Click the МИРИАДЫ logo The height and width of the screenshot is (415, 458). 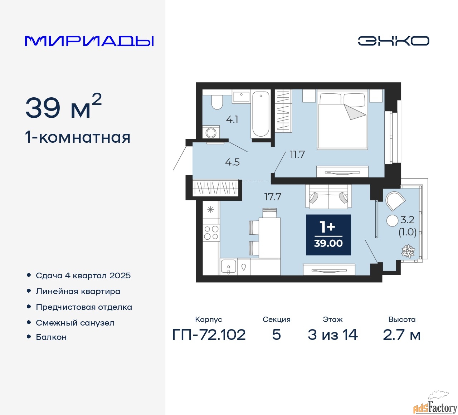[89, 41]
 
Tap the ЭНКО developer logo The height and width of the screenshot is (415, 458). [393, 41]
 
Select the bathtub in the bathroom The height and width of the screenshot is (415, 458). [260, 114]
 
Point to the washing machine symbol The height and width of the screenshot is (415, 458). [211, 132]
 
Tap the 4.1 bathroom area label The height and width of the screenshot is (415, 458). [232, 119]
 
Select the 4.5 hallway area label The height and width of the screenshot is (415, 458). [232, 162]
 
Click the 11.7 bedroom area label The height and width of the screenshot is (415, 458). [297, 155]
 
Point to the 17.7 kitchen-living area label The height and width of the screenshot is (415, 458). [273, 196]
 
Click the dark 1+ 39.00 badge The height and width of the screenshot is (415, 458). [328, 235]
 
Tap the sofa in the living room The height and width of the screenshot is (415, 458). [328, 196]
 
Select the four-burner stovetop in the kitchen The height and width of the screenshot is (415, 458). [211, 233]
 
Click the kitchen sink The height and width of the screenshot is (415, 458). [229, 267]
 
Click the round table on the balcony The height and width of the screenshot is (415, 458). [392, 221]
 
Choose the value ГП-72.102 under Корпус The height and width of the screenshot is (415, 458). [209, 335]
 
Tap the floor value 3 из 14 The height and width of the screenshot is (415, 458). [333, 335]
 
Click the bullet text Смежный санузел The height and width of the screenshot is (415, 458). [75, 323]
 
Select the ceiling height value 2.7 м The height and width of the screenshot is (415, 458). [401, 335]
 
